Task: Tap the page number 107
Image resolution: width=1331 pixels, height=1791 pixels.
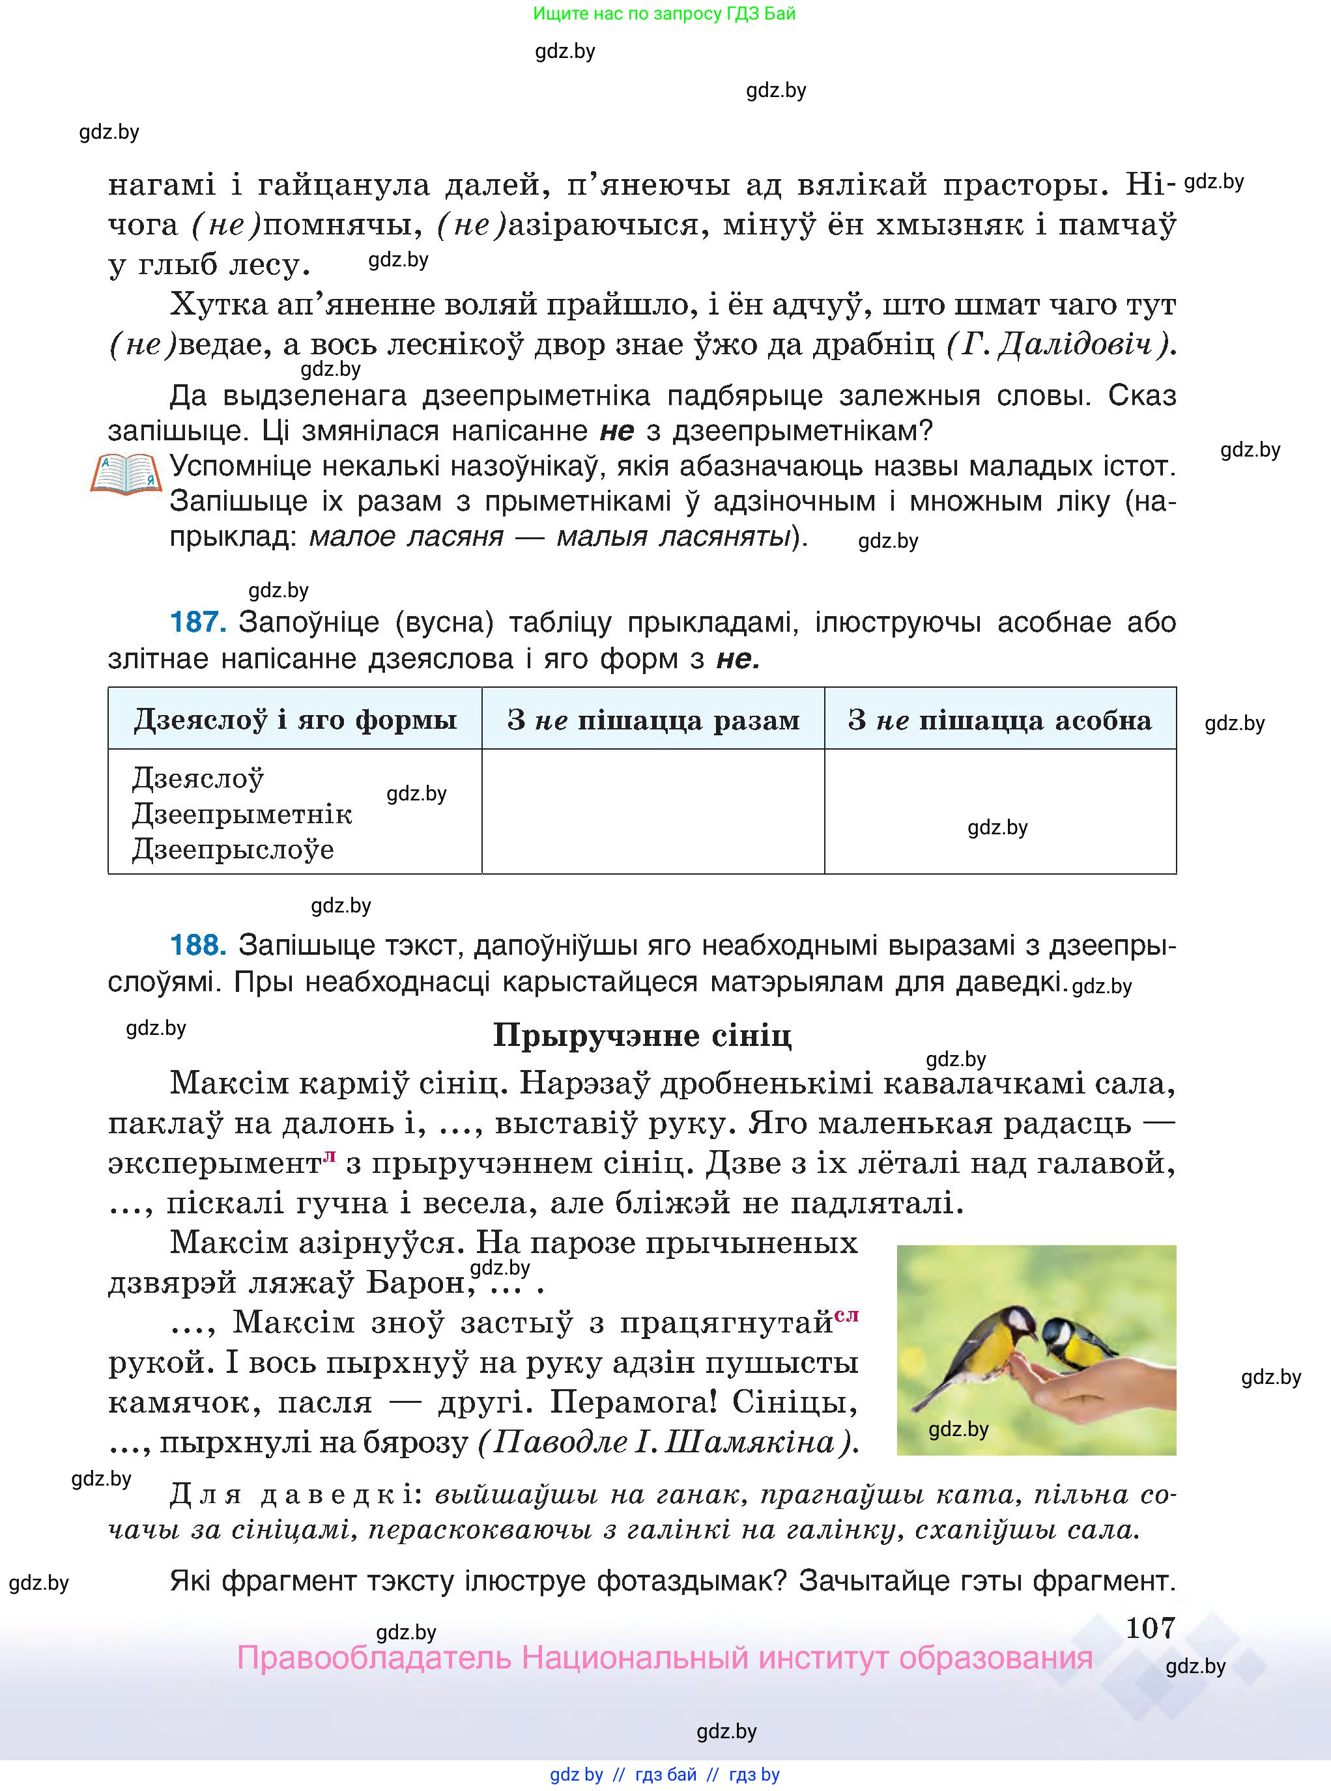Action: [1150, 1628]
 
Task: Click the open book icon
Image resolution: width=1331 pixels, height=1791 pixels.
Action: [126, 473]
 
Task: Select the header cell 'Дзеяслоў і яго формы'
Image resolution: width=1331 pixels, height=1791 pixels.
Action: [295, 719]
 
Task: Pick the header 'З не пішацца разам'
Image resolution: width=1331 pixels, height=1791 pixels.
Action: [653, 719]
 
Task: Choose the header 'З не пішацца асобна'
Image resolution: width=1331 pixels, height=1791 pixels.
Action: [1000, 719]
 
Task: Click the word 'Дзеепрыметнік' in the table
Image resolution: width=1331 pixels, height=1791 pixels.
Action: [242, 814]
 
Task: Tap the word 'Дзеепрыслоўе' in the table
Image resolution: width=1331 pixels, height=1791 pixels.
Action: [233, 850]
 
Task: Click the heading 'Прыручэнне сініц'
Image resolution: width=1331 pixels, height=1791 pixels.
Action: [642, 1035]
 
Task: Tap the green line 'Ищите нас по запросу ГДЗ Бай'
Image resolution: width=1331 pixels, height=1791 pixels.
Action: [665, 14]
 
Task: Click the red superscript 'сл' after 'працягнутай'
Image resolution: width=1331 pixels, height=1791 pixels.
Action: [847, 1315]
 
